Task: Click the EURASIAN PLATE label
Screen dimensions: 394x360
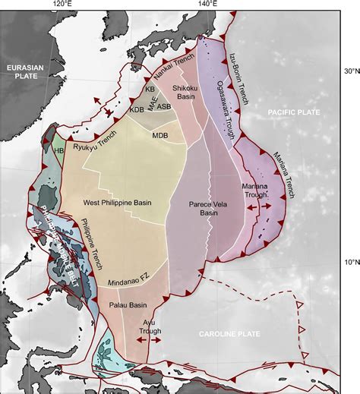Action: [x=24, y=72]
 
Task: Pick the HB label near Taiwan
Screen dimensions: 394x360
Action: [x=58, y=150]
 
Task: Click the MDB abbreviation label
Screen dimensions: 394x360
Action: [x=159, y=136]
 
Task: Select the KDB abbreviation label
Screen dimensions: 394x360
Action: [x=137, y=111]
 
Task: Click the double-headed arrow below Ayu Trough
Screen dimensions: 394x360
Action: [x=148, y=342]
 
